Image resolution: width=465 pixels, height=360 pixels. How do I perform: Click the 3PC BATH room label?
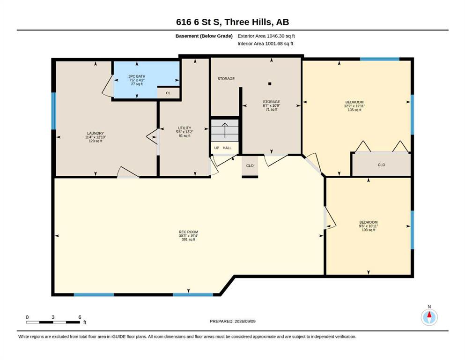point(137,76)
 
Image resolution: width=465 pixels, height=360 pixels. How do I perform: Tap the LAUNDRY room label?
point(96,133)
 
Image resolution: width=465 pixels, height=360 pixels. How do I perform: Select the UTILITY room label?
point(185,128)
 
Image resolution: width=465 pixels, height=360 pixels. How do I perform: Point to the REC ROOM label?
point(188,232)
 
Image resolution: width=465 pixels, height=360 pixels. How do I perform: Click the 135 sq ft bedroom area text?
point(354,110)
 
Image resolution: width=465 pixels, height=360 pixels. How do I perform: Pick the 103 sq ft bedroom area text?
point(369,230)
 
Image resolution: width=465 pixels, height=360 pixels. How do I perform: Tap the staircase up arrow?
point(225,131)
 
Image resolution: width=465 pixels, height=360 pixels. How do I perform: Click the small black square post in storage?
point(270,84)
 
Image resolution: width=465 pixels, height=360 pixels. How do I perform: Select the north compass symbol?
point(429,317)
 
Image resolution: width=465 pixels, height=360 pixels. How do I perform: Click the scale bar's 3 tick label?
point(53,317)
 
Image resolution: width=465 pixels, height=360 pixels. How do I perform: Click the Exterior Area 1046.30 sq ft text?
point(266,36)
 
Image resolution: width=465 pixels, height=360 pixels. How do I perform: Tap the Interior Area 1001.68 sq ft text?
point(266,44)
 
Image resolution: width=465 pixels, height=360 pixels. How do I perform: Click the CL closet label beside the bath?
point(168,93)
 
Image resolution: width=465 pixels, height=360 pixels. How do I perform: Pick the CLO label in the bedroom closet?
point(381,165)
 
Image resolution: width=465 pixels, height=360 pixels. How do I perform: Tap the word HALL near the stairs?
point(227,148)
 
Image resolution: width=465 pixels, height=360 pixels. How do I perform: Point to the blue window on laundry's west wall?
point(54,111)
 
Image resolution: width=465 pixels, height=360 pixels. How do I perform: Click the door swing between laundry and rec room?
point(128,172)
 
